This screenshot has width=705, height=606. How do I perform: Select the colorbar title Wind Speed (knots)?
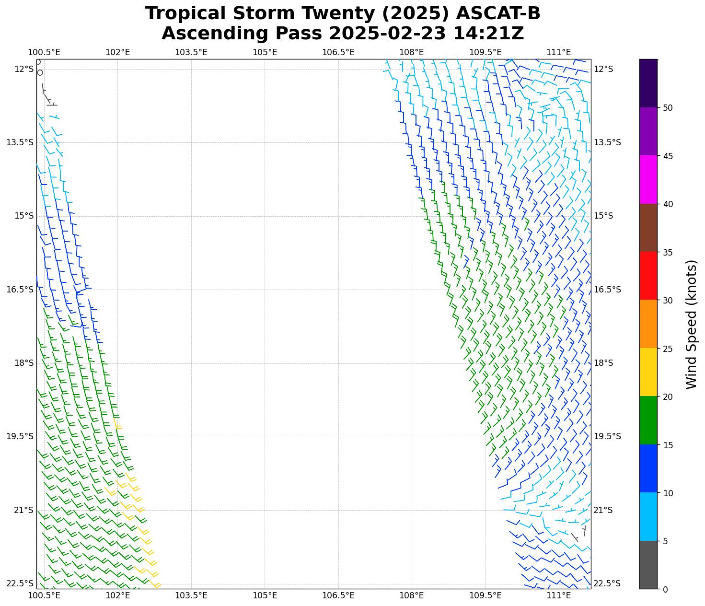click(691, 325)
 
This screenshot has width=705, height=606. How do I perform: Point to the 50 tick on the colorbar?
click(667, 108)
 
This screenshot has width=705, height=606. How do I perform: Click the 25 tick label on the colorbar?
click(667, 349)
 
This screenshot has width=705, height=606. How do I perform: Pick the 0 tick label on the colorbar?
click(665, 589)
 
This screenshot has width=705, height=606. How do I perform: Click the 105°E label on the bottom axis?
click(265, 595)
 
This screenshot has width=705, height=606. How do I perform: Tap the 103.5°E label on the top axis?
click(191, 52)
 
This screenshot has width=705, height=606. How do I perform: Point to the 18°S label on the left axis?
click(24, 363)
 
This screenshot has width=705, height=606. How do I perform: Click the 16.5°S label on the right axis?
click(607, 290)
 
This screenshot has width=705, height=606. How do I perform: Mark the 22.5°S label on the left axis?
click(20, 583)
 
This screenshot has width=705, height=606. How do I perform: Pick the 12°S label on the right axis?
click(603, 69)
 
